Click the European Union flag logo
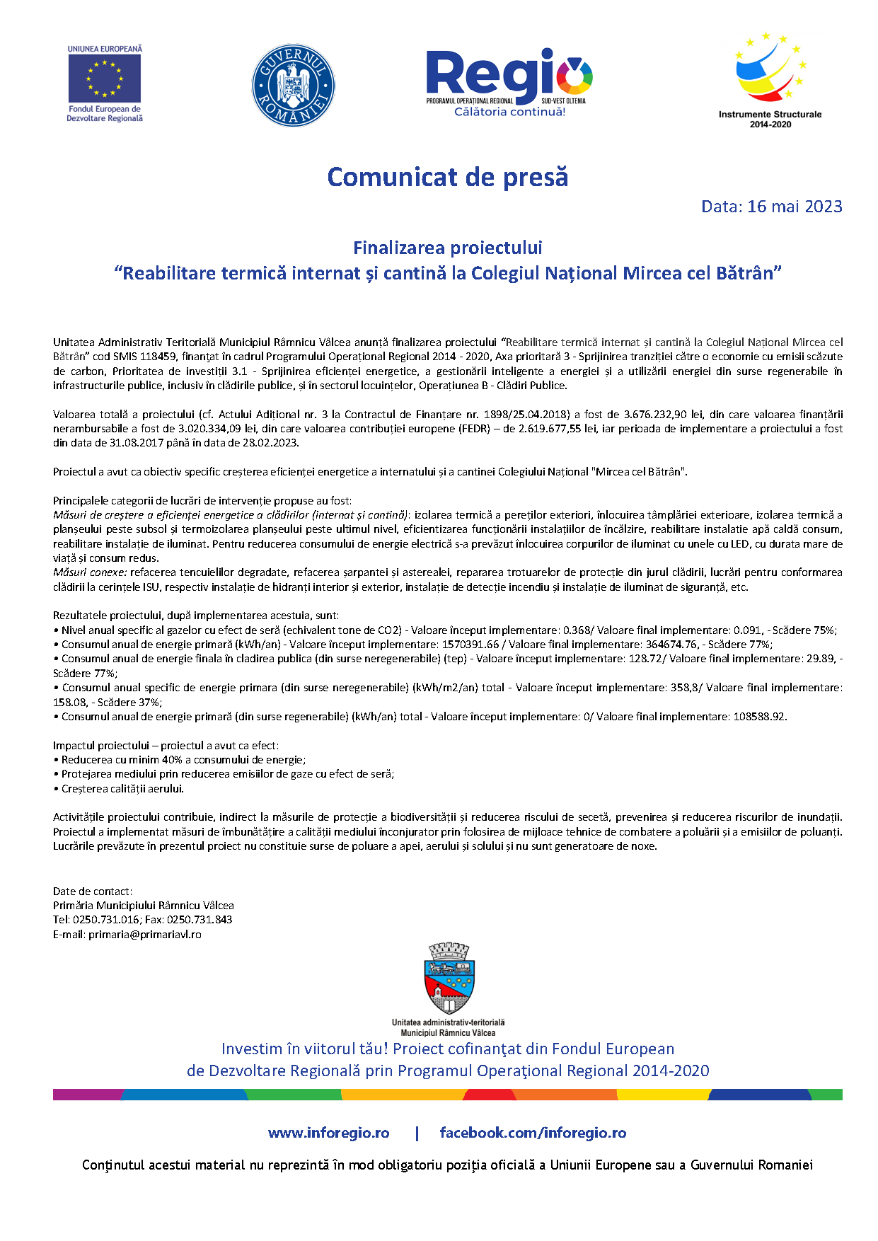[105, 78]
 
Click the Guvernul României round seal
[293, 86]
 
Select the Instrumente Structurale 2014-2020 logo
[770, 79]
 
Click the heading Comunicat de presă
[447, 177]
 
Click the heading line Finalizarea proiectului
[447, 248]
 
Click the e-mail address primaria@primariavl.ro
[144, 935]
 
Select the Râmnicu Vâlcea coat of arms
[449, 979]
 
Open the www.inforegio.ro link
[328, 1133]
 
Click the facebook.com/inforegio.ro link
[533, 1133]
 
